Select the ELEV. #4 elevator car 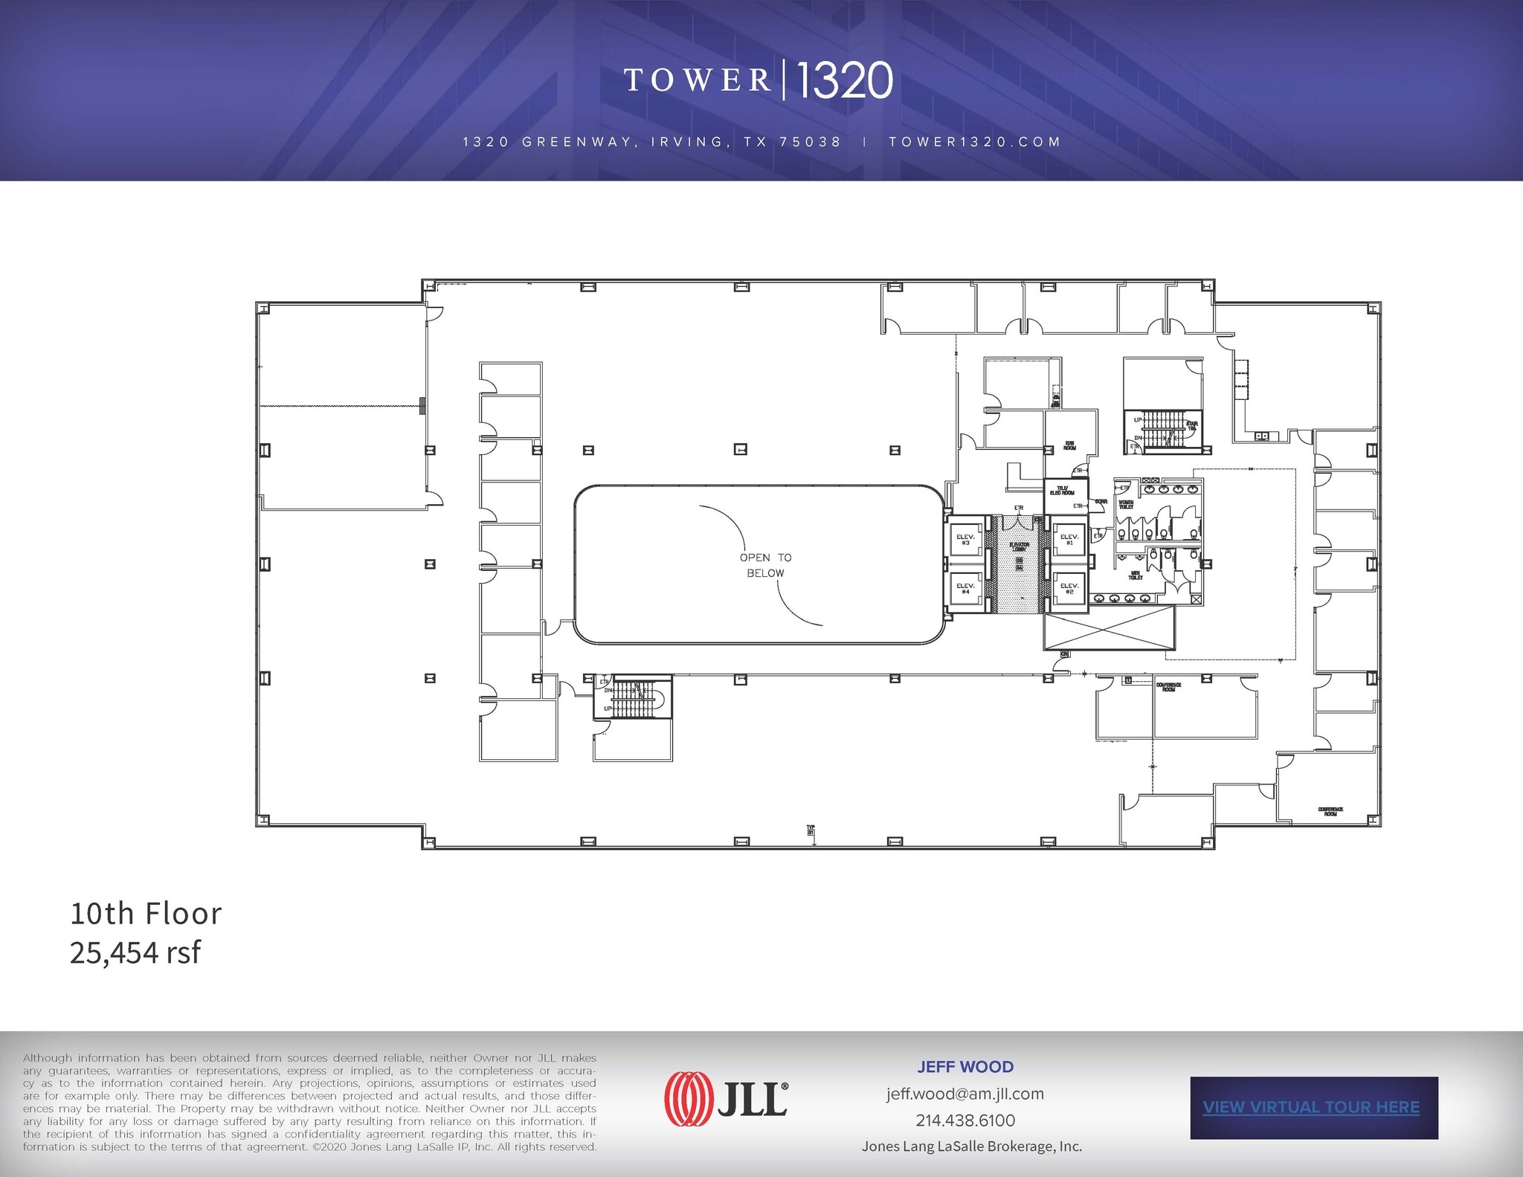965,588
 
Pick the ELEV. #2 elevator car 1069,588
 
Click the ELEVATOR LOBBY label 1019,547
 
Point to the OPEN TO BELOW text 765,565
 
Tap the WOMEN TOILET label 1126,504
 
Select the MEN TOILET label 1136,575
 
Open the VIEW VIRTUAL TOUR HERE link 1311,1107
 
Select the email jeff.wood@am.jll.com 965,1094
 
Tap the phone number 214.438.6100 965,1120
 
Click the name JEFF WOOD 965,1067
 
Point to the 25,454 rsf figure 135,952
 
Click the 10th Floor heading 146,914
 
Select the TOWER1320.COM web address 974,142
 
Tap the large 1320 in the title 845,80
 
